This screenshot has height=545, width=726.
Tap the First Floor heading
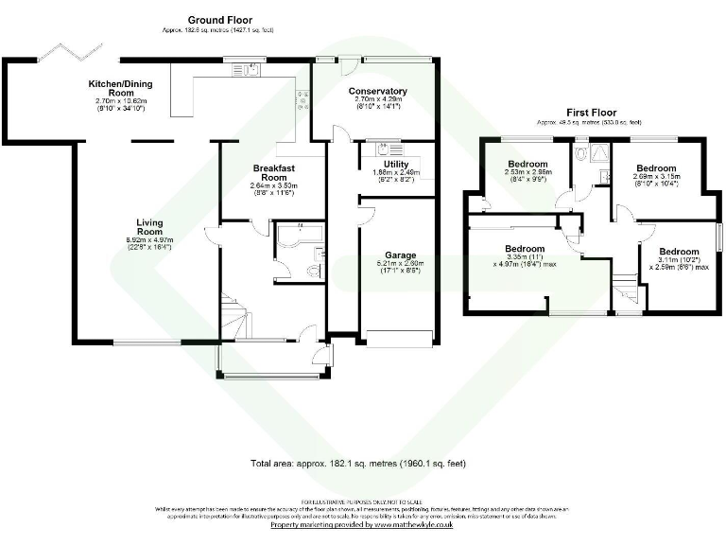[x=591, y=112]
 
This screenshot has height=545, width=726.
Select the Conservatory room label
[x=376, y=92]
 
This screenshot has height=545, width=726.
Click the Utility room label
[x=396, y=165]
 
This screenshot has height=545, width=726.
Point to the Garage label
[x=400, y=255]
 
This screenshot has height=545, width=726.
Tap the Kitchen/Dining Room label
[x=119, y=88]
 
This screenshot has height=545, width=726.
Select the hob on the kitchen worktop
[x=302, y=98]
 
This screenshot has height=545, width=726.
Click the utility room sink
[x=385, y=149]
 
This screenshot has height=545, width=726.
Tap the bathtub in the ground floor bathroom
[x=298, y=232]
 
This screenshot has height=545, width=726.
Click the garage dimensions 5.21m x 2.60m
[x=398, y=267]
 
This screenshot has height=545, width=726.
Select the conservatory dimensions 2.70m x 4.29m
[x=376, y=103]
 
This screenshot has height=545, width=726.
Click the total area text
[x=358, y=465]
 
